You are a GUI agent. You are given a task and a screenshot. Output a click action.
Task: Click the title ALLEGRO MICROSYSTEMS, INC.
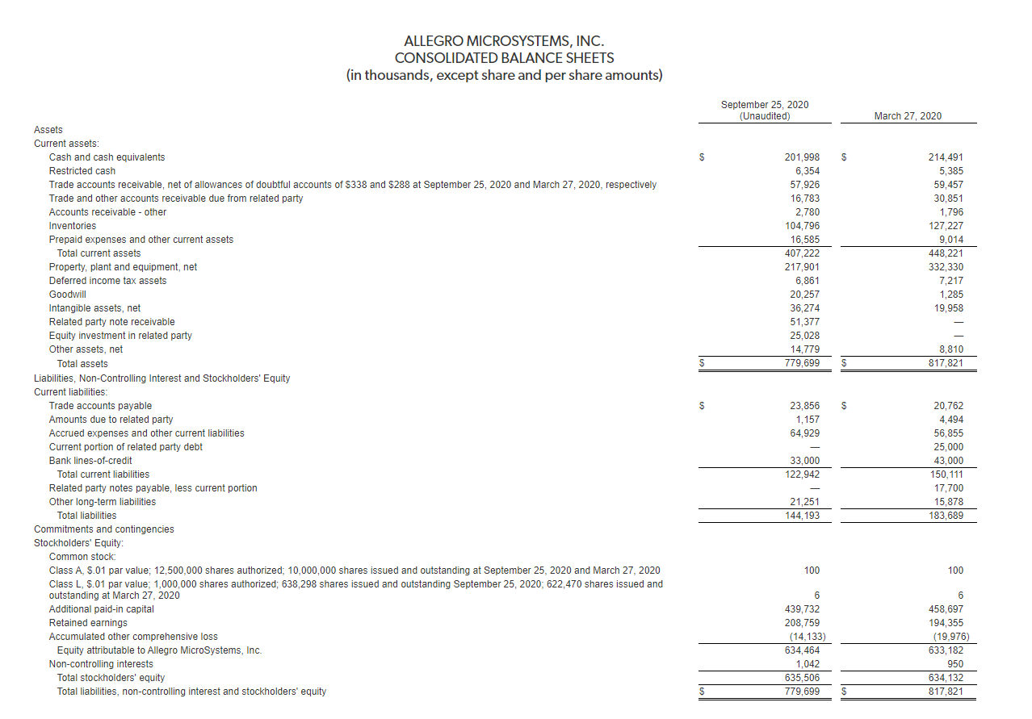pyautogui.click(x=504, y=40)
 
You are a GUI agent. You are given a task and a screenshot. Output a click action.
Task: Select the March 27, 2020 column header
pyautogui.click(x=908, y=116)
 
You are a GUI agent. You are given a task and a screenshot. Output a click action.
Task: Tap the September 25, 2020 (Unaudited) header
pyautogui.click(x=764, y=111)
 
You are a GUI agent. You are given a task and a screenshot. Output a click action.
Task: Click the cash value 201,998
pyautogui.click(x=803, y=157)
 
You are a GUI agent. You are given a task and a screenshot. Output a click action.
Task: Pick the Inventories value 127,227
pyautogui.click(x=946, y=226)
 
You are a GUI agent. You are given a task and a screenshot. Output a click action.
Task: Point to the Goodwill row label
pyautogui.click(x=68, y=295)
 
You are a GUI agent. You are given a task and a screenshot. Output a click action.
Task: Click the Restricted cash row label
pyautogui.click(x=82, y=171)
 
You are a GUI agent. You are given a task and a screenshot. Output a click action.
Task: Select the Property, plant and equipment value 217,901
pyautogui.click(x=803, y=267)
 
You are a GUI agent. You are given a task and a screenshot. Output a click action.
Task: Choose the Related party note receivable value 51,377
pyautogui.click(x=805, y=322)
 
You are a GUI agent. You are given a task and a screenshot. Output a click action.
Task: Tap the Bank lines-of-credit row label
pyautogui.click(x=90, y=461)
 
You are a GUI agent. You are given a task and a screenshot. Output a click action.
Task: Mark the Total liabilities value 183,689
pyautogui.click(x=946, y=516)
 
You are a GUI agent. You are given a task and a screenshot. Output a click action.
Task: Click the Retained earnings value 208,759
pyautogui.click(x=803, y=623)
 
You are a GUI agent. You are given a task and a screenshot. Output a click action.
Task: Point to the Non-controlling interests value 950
pyautogui.click(x=954, y=664)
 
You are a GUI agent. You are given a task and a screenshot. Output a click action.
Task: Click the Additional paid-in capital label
pyautogui.click(x=102, y=609)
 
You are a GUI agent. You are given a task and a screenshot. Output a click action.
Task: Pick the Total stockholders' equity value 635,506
pyautogui.click(x=803, y=678)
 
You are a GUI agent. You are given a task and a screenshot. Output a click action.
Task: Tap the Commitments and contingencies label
pyautogui.click(x=103, y=529)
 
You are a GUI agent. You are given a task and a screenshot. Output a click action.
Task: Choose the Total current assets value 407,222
pyautogui.click(x=803, y=253)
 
